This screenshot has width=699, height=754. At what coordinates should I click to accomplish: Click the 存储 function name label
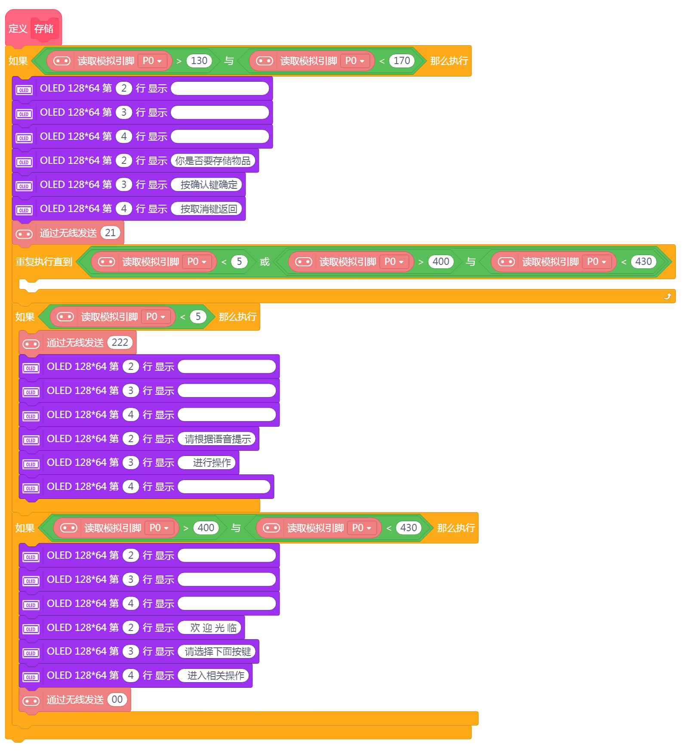[x=44, y=29]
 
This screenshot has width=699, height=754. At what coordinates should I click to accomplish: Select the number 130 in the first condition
[x=199, y=61]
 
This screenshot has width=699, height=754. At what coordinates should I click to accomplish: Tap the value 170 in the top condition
[x=402, y=61]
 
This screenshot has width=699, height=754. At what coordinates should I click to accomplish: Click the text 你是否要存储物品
[x=213, y=161]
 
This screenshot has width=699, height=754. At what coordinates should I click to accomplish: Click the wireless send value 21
[x=111, y=233]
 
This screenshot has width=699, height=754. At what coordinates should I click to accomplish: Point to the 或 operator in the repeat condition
[x=265, y=262]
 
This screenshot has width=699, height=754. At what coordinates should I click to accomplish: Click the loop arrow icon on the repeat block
[x=668, y=296]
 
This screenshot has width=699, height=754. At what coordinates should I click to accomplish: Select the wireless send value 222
[x=120, y=342]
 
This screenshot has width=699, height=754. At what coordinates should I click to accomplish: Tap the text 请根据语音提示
[x=218, y=439]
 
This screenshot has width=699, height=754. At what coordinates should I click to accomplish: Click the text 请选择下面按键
[x=218, y=652]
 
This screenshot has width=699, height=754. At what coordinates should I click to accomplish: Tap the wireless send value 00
[x=117, y=699]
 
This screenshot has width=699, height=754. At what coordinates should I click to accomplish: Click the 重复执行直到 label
[x=44, y=262]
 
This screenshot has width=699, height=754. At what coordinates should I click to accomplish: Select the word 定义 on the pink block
[x=18, y=29]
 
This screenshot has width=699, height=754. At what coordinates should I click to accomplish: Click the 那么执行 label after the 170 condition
[x=449, y=61]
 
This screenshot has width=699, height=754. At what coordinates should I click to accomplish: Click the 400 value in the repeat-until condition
[x=441, y=262]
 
